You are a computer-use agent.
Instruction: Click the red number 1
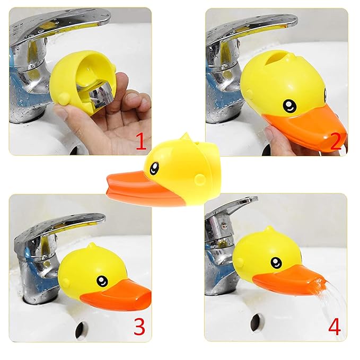coord(141,142)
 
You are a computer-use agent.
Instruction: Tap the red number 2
coord(335,142)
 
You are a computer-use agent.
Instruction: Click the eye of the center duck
coord(154,169)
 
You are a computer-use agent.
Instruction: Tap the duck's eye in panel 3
coord(102,280)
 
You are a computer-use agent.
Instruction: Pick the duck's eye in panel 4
coord(276,262)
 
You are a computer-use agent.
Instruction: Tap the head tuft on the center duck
coord(185,139)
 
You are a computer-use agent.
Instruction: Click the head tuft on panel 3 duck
coord(91,248)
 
